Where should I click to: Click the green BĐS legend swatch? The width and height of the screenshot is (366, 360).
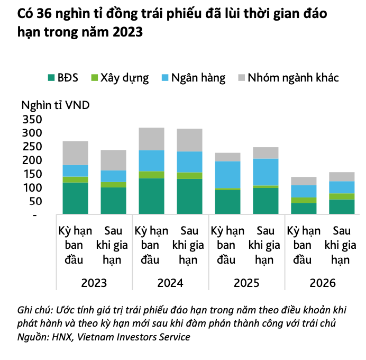pos(52,78)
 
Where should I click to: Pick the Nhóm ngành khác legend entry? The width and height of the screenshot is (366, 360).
pos(293,78)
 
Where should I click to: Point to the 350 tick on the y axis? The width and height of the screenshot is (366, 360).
pos(30,119)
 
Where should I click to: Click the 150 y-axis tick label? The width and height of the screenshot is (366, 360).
pos(30,174)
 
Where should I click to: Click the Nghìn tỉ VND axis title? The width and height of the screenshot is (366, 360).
pos(56,104)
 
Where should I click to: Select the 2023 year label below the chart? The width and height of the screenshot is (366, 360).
pos(94,283)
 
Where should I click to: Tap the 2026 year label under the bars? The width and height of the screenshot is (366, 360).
pos(323,283)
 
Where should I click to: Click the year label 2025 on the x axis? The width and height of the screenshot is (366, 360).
pos(246,283)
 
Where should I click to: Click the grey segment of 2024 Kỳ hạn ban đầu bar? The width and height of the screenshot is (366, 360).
pos(151,139)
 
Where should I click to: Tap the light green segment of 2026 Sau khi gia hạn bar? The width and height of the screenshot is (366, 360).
pos(342,196)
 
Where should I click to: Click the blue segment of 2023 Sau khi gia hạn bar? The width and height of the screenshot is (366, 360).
pos(113,176)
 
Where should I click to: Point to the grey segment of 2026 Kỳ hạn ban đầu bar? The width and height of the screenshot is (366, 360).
pos(304,181)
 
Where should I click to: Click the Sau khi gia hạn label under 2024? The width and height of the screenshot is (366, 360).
pos(189,246)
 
